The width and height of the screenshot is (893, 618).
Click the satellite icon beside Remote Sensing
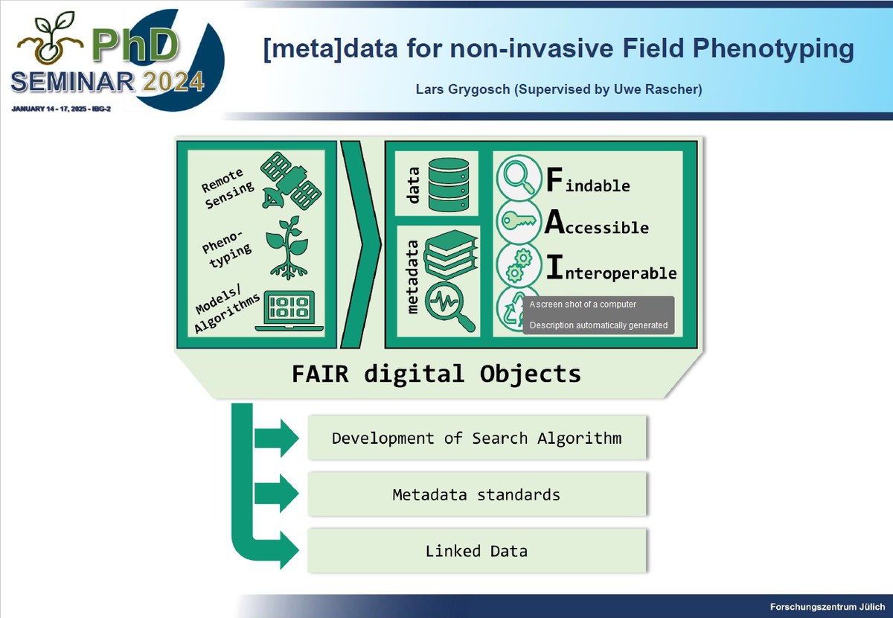coord(291,181)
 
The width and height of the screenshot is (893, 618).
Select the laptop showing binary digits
coord(289,311)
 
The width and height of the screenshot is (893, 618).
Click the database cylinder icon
coord(449,185)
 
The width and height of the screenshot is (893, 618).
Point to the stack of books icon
coord(450,254)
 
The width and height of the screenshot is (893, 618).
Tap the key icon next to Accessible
coord(518,220)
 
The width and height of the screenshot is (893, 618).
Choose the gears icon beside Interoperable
coord(519,265)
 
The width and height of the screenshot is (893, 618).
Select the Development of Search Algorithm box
coord(477,438)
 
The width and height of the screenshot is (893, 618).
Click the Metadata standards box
coord(477,494)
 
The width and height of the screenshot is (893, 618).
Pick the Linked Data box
coord(477,551)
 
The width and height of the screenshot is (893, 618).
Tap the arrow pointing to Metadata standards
coord(277,494)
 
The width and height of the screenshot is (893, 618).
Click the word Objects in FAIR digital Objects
coord(530,375)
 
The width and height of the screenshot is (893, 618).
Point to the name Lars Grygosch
coord(463,89)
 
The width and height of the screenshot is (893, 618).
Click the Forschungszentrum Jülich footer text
coord(828,607)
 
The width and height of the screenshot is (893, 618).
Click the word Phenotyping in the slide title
coord(773,48)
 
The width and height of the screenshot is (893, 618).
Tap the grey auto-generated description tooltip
coord(598,315)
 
